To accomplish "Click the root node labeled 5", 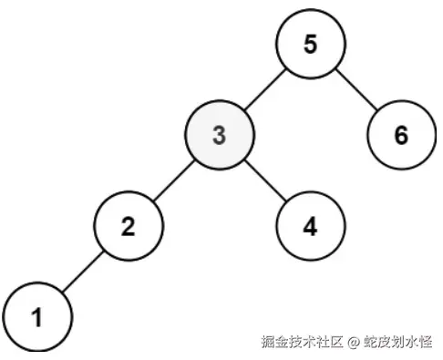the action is tap(310, 46).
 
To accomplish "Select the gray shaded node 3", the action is tap(218, 136).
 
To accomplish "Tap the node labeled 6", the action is tap(401, 136).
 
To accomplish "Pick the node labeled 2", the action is tap(129, 225).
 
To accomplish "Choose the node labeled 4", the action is tap(310, 225).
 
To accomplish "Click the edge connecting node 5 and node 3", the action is tap(264, 90).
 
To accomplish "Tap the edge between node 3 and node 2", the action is tap(173, 180).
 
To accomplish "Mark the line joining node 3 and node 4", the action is tap(264, 180).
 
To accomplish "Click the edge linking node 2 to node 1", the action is tap(83, 271).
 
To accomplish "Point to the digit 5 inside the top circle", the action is tap(310, 46).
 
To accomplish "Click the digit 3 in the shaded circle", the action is tap(218, 136).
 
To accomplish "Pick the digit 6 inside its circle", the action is tap(401, 136).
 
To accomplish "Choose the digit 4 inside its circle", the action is tap(310, 225).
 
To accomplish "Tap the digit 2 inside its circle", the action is tap(129, 225).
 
